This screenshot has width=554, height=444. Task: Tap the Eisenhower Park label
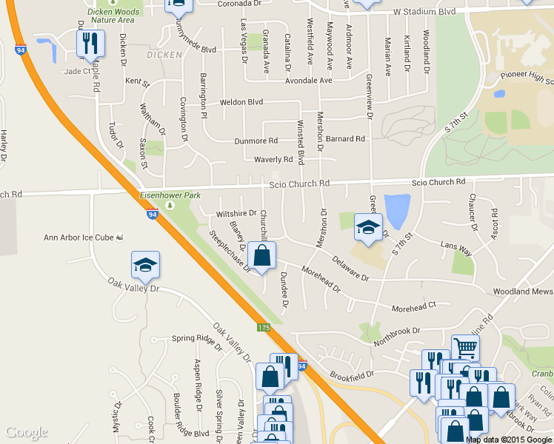click(167, 197)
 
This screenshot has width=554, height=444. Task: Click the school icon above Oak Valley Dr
click(145, 264)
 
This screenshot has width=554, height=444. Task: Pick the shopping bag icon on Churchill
click(261, 256)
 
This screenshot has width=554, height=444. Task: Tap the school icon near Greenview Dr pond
click(368, 227)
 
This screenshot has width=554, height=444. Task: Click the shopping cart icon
click(464, 347)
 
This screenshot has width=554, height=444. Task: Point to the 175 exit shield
click(264, 327)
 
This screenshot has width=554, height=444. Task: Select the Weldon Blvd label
click(241, 102)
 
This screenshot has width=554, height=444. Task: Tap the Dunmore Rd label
click(256, 140)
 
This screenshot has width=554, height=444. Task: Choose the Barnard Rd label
click(345, 138)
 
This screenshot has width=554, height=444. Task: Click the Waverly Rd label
click(273, 159)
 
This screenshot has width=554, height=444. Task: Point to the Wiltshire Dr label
click(236, 214)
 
